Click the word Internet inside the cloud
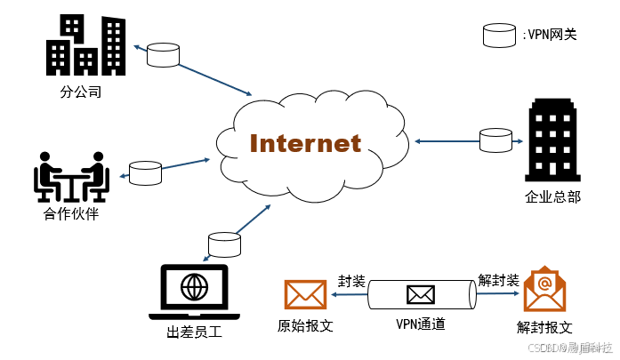pos(305,143)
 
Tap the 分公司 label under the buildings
pos(81,92)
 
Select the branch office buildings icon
pos(86,45)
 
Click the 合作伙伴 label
pos(70,214)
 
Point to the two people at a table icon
pos(71,177)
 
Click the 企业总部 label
pos(552,196)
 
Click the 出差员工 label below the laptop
pos(193,333)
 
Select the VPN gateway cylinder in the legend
pos(499,35)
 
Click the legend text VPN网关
pos(551,35)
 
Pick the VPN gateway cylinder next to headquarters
pos(495,140)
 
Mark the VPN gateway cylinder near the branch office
pos(163,54)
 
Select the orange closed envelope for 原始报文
pos(306,295)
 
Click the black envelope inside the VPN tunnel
pos(420,294)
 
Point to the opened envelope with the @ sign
pos(545,290)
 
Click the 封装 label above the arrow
pos(351,281)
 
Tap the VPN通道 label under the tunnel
pos(420,324)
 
